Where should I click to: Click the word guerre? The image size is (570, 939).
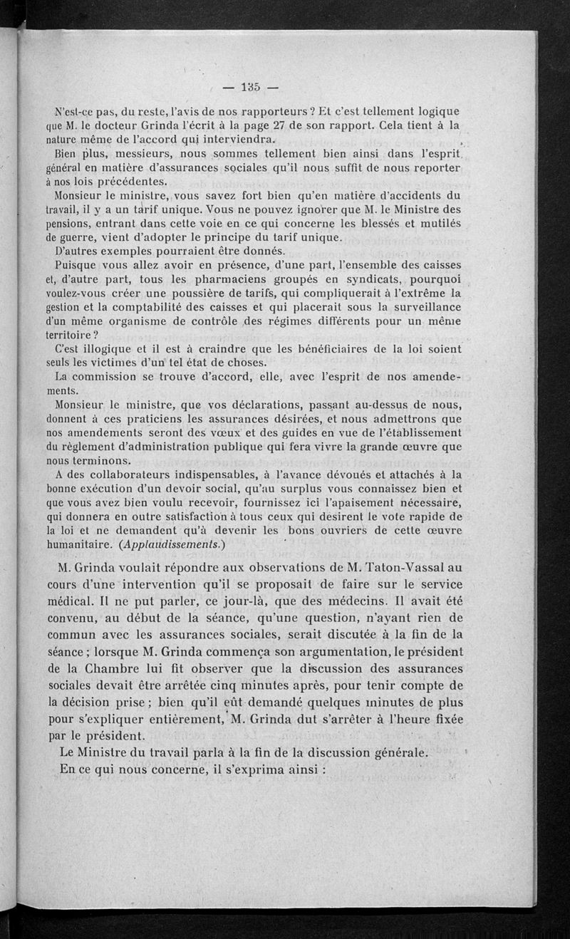(x=82, y=237)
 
